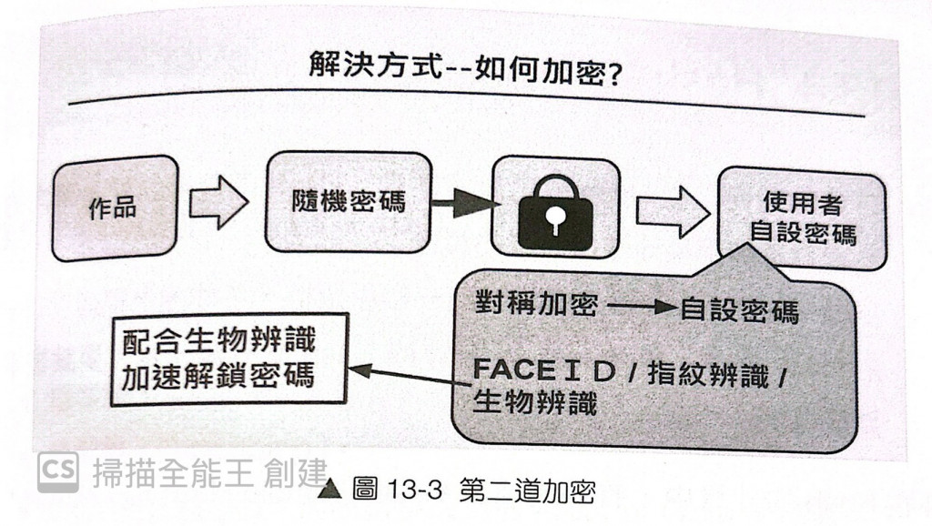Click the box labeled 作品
click(114, 207)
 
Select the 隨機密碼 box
click(348, 202)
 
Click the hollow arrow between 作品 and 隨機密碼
click(218, 202)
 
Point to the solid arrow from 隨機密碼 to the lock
click(465, 203)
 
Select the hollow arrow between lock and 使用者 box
click(672, 212)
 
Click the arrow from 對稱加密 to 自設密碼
click(642, 307)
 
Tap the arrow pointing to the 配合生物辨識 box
click(410, 375)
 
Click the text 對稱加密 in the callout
click(536, 303)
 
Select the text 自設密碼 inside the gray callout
click(739, 310)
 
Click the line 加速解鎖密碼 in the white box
click(218, 374)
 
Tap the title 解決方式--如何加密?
click(465, 69)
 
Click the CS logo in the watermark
click(57, 471)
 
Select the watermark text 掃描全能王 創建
click(208, 473)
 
